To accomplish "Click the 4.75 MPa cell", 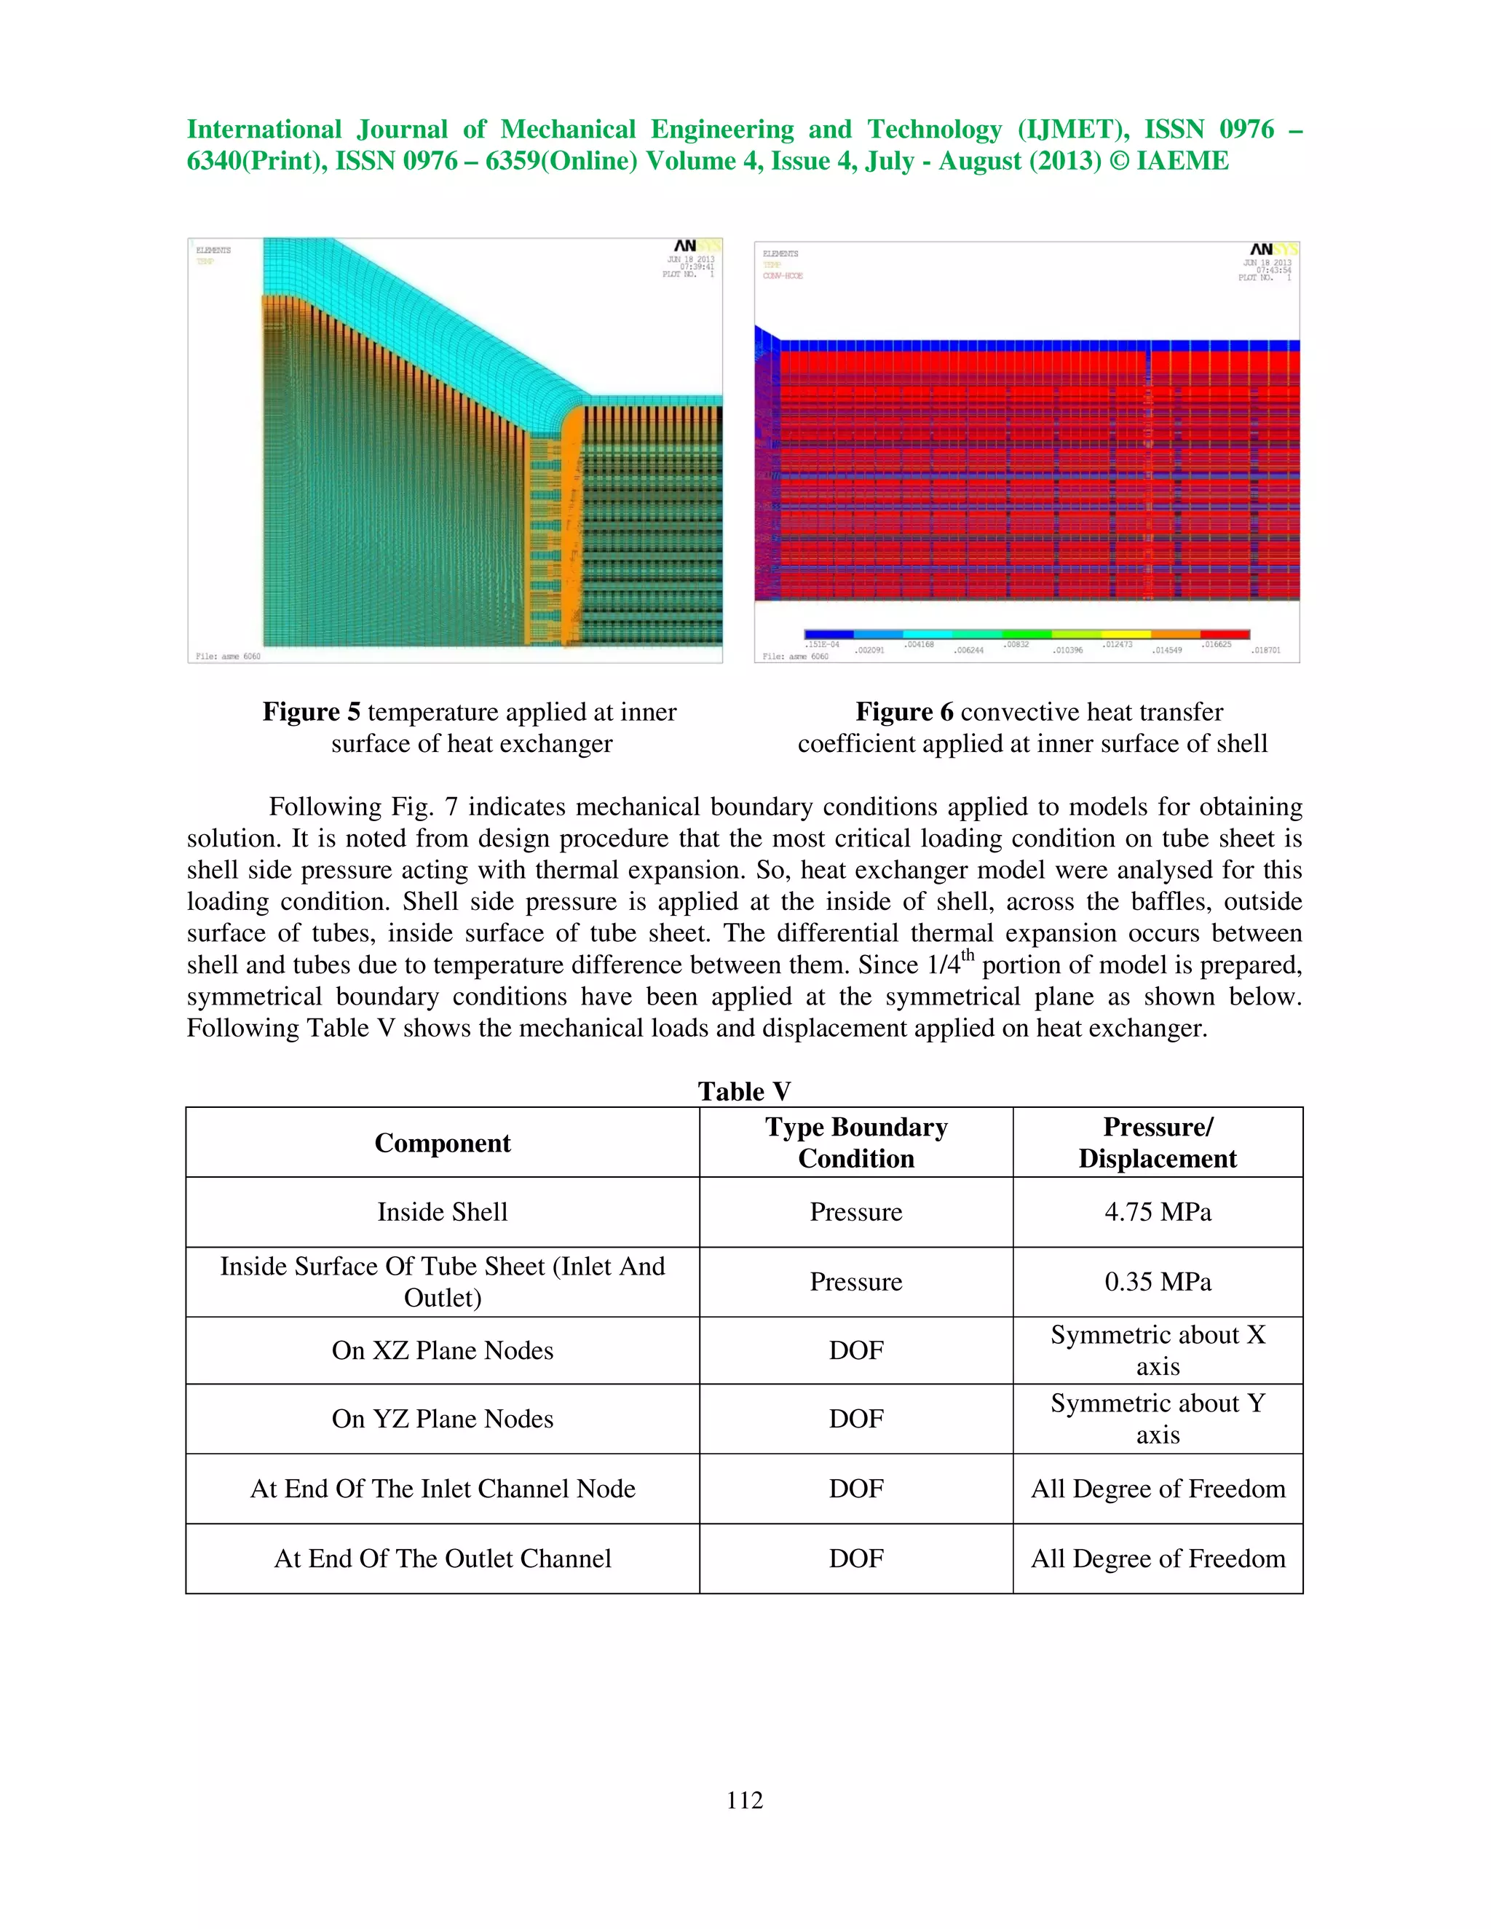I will (x=1157, y=1212).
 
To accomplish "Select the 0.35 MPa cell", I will (x=1157, y=1282).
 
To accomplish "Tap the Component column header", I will (x=442, y=1143).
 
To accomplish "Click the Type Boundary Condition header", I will (x=856, y=1143).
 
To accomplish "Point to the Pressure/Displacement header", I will (x=1157, y=1143).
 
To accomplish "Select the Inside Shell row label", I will (x=442, y=1212).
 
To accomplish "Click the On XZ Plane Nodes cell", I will (x=442, y=1350).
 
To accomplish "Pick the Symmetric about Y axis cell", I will (x=1157, y=1419).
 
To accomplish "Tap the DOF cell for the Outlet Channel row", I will (x=856, y=1558).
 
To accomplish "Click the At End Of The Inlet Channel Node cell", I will (x=442, y=1489).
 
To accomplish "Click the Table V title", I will (x=744, y=1092).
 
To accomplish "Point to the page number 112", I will (x=744, y=1800).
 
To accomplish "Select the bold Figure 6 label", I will (x=903, y=712).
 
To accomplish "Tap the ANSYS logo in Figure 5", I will (x=696, y=247).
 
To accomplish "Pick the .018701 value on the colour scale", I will (x=1266, y=650).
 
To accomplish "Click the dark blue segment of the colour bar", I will (x=828, y=634).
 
